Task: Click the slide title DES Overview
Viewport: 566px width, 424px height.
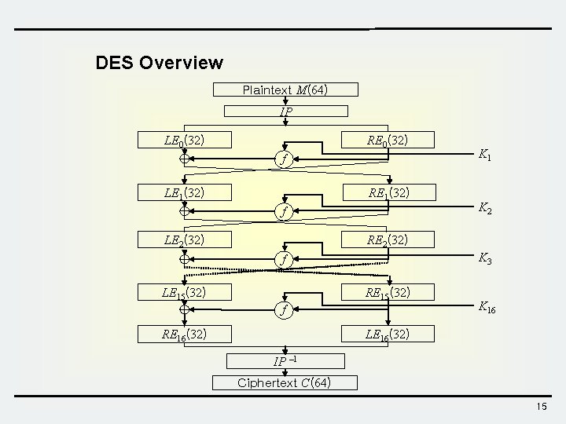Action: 159,62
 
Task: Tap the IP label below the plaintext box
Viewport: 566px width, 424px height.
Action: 286,111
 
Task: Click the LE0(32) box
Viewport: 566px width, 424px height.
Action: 186,141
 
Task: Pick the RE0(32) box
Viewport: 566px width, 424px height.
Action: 387,141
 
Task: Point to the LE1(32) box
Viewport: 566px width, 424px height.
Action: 186,191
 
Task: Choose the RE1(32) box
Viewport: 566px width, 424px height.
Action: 387,191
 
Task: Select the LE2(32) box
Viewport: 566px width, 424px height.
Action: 186,239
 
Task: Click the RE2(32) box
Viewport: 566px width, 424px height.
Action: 387,239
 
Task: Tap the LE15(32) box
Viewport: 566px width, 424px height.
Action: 186,293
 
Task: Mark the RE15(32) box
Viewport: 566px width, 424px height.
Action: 387,293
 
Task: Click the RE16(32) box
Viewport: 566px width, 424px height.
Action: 186,334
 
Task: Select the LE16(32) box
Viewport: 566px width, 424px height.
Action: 387,334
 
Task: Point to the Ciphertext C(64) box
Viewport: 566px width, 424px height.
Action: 285,383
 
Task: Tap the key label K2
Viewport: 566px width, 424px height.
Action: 485,209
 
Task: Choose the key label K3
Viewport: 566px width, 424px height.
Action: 485,258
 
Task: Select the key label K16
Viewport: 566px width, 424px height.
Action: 487,308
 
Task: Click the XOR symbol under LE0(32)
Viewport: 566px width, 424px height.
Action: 186,159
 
